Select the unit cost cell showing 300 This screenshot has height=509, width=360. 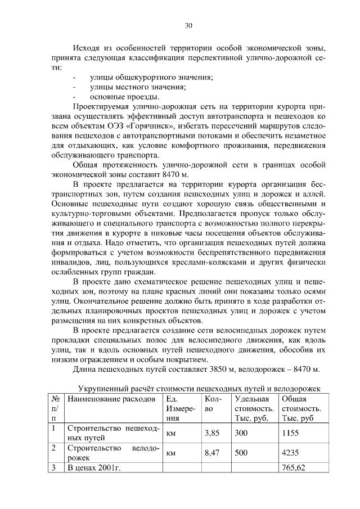point(241,434)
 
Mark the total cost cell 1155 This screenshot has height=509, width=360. point(291,434)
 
